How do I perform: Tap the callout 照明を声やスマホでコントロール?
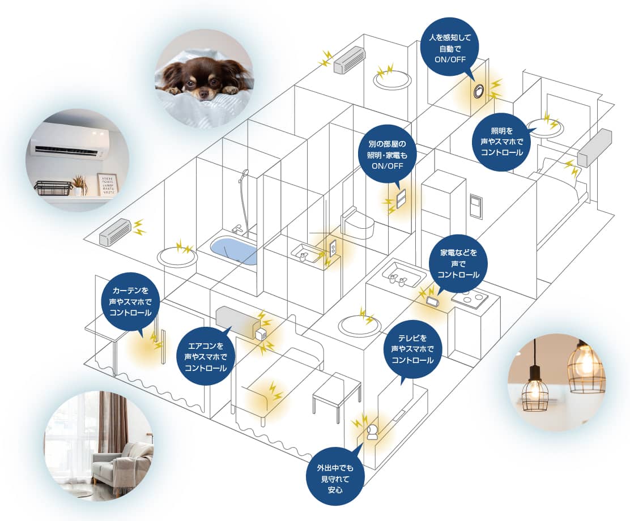coord(502,142)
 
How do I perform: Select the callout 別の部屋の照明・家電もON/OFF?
coord(387,154)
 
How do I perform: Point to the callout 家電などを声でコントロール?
coord(458,264)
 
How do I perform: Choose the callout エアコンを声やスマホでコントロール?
coord(206,356)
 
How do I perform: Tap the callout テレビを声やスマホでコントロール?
coord(412,349)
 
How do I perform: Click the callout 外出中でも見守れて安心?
coord(335,479)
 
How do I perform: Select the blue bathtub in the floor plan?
coord(234,250)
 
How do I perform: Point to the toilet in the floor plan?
coord(358,223)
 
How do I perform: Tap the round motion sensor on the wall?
coord(479,91)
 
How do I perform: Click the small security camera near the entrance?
coord(372,433)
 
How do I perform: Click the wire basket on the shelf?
coord(53,188)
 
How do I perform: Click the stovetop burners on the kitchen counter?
coord(470,298)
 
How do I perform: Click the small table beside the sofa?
coord(337,393)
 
